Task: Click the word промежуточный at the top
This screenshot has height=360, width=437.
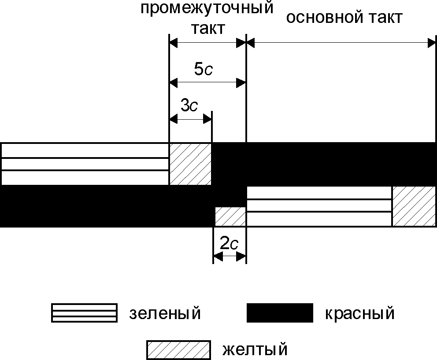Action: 207,8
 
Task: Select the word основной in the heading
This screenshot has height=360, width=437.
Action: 318,18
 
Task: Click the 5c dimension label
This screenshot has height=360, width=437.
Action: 204,69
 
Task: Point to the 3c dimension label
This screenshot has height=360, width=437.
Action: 189,106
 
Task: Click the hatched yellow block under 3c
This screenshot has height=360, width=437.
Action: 190,164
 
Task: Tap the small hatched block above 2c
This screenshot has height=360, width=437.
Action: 230,216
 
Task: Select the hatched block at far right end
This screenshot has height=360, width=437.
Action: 414,206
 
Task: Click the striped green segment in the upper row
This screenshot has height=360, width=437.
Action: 85,164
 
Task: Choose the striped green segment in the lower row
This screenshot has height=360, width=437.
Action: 319,206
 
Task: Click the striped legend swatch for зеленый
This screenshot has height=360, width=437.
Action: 84,313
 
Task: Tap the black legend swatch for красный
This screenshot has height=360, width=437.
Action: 280,313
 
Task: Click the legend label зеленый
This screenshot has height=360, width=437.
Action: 165,314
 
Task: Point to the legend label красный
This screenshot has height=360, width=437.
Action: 359,314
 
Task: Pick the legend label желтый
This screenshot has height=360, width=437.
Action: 255,350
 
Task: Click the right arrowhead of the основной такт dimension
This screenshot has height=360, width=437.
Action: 432,43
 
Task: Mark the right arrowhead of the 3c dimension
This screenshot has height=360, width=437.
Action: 208,119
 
